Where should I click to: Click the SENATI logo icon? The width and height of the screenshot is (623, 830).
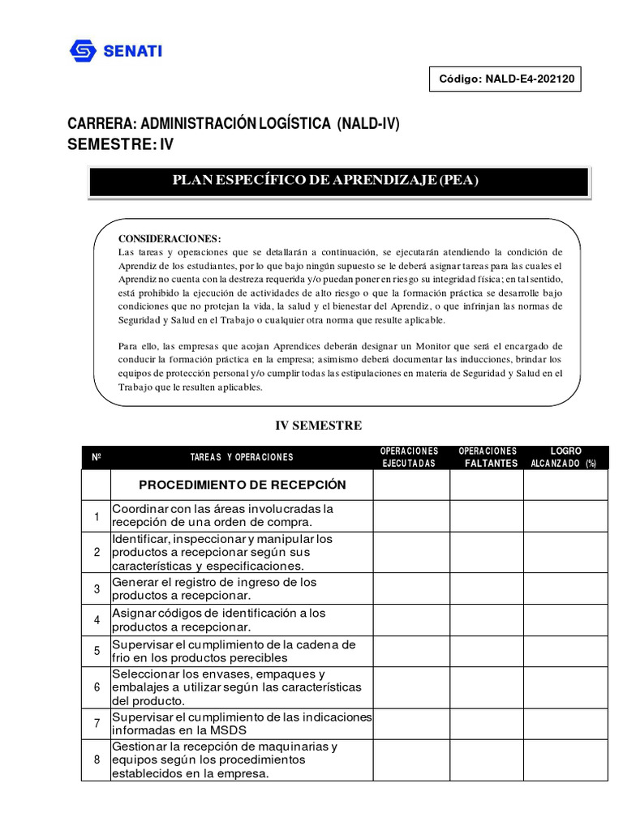click(83, 51)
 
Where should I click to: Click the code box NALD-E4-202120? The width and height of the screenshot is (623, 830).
click(505, 79)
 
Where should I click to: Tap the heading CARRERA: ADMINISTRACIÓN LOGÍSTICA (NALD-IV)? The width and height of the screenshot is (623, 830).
click(234, 124)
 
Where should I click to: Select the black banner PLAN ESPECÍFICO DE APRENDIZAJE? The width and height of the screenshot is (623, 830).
click(338, 181)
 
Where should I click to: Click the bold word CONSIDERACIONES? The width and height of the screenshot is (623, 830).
click(170, 238)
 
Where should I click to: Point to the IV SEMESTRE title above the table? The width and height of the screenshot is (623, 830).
click(320, 426)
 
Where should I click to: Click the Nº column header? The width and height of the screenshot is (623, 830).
click(96, 457)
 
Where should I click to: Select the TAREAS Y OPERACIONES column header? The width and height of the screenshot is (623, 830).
click(242, 457)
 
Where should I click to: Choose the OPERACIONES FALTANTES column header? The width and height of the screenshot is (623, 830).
click(487, 457)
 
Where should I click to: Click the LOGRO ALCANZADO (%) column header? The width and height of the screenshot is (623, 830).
click(565, 457)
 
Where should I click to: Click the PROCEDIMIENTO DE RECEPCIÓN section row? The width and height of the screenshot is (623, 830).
click(242, 485)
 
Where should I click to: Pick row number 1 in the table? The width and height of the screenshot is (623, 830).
click(96, 516)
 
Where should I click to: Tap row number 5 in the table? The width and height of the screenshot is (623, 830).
click(96, 651)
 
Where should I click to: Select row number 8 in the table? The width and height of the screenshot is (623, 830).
click(96, 760)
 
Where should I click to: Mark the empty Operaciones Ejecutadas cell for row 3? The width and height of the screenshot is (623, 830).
click(410, 589)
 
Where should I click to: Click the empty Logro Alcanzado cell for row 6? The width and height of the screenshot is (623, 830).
click(565, 687)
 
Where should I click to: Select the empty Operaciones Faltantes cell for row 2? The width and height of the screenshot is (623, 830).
click(487, 552)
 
